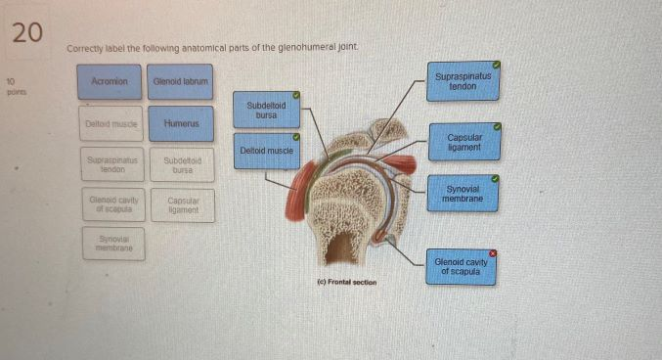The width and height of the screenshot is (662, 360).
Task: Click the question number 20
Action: (x=28, y=32)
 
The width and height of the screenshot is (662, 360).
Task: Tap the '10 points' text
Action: (x=16, y=85)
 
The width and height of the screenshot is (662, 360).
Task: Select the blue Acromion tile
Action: (x=110, y=82)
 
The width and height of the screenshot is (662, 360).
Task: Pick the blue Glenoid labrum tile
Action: (x=181, y=82)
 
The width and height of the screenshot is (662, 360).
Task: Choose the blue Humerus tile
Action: (x=181, y=124)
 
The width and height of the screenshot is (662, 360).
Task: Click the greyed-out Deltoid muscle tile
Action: (x=110, y=124)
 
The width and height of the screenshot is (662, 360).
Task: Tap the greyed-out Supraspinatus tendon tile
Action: (x=110, y=163)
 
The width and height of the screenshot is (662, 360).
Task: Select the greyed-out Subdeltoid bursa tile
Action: (x=181, y=164)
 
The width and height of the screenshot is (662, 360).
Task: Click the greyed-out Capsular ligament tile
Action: (x=181, y=204)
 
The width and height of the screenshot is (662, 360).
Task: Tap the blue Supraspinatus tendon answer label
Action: (x=463, y=80)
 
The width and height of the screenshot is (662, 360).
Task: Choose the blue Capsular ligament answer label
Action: (x=463, y=142)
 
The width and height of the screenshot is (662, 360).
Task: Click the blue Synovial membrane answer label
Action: (x=463, y=194)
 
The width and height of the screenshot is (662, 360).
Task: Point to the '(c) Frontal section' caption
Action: (x=347, y=282)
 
